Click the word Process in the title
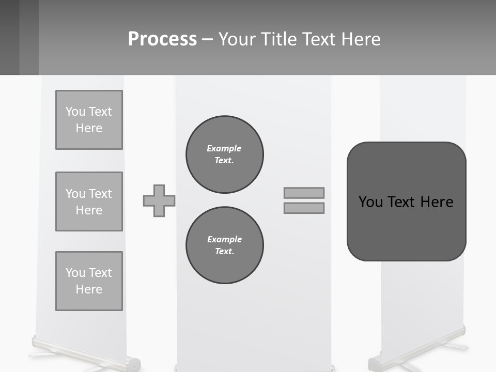tap(162, 39)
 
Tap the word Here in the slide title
tap(360, 39)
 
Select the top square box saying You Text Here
tap(89, 120)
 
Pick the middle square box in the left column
tap(89, 202)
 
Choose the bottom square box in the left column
tap(89, 281)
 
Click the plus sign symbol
tap(159, 200)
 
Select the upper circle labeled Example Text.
tap(224, 154)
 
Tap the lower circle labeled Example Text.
tap(224, 245)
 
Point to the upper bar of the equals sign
tap(304, 193)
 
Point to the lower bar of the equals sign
tap(304, 208)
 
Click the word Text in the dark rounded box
tap(402, 202)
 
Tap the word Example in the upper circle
tap(224, 148)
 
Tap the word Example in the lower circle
tap(224, 239)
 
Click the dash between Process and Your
tap(208, 39)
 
